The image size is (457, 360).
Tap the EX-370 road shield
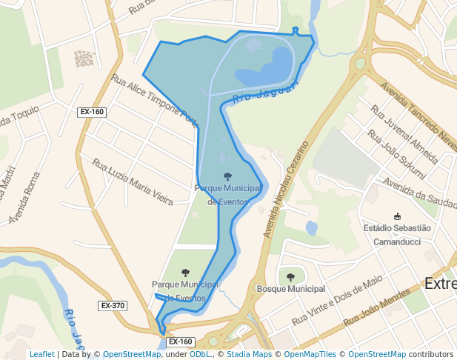pyautogui.click(x=113, y=305)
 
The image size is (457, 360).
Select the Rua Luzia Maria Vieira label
pyautogui.click(x=133, y=181)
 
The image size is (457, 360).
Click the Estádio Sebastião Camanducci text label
pyautogui.click(x=397, y=235)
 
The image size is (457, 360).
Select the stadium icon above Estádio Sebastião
pyautogui.click(x=398, y=216)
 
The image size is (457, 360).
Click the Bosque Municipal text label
pyautogui.click(x=290, y=288)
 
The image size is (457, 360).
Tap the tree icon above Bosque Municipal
pyautogui.click(x=290, y=277)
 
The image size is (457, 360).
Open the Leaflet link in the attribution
pyautogui.click(x=41, y=355)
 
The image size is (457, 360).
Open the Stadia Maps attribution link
pyautogui.click(x=247, y=355)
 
